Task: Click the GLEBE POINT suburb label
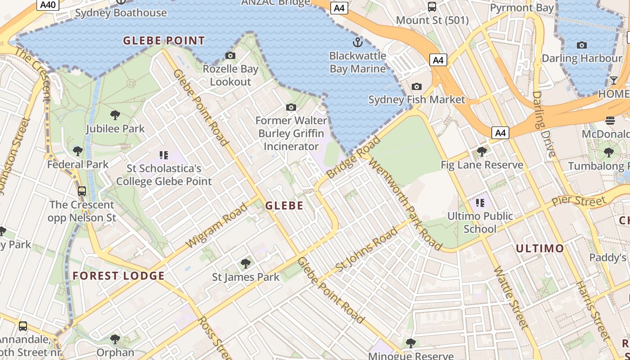pyautogui.click(x=164, y=41)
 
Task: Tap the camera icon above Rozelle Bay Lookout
pyautogui.click(x=230, y=55)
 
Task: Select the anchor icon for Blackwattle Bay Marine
pyautogui.click(x=357, y=43)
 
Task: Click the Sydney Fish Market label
pyautogui.click(x=416, y=99)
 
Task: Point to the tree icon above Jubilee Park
pyautogui.click(x=115, y=115)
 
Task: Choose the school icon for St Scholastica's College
pyautogui.click(x=164, y=155)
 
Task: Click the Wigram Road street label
pyautogui.click(x=216, y=225)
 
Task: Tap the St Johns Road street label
pyautogui.click(x=367, y=249)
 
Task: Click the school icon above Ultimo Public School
pyautogui.click(x=480, y=203)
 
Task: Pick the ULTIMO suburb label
pyautogui.click(x=540, y=248)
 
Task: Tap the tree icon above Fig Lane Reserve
pyautogui.click(x=482, y=152)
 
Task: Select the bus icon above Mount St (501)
pyautogui.click(x=432, y=7)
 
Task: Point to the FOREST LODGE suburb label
pyautogui.click(x=119, y=276)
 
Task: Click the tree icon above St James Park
pyautogui.click(x=246, y=264)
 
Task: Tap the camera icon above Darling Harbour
pyautogui.click(x=582, y=45)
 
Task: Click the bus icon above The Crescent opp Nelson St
pyautogui.click(x=81, y=191)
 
